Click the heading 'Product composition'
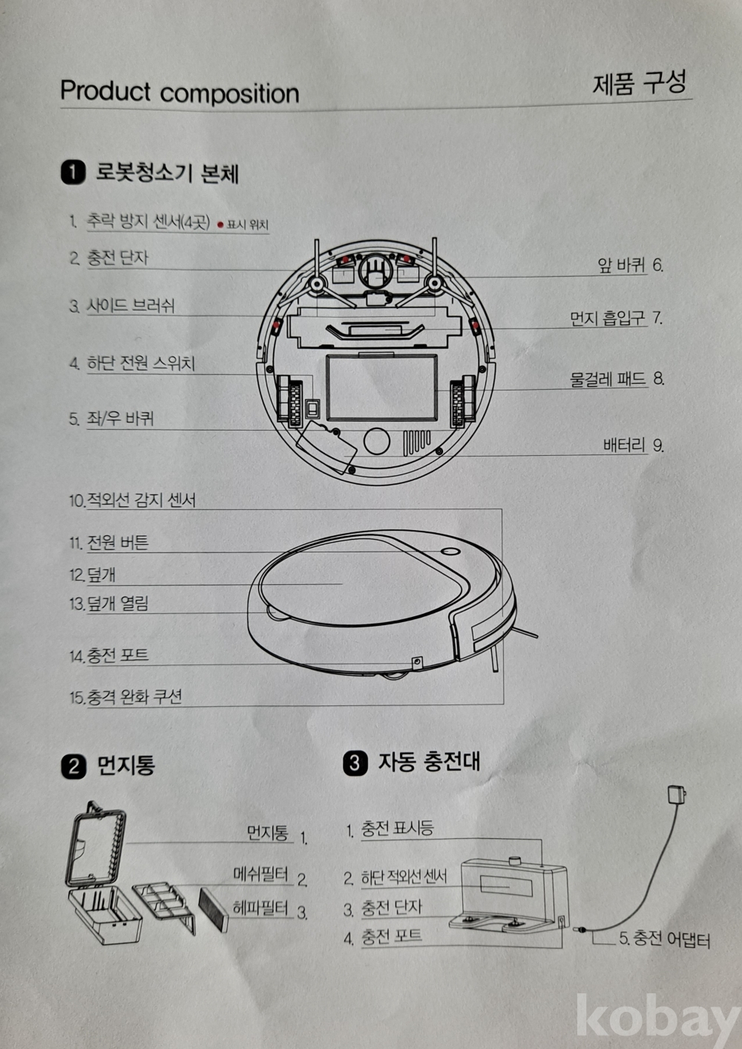(x=180, y=92)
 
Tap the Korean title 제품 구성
(x=640, y=82)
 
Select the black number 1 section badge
(x=73, y=172)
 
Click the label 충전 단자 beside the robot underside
(x=117, y=258)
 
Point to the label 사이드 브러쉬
(x=131, y=306)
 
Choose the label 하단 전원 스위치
(x=141, y=364)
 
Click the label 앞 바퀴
(x=622, y=265)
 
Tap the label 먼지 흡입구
(x=608, y=318)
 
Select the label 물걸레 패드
(x=608, y=379)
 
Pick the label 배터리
(x=625, y=445)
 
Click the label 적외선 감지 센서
(x=141, y=500)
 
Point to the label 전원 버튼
(x=118, y=543)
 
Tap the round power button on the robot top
(x=450, y=552)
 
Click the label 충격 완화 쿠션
(x=134, y=697)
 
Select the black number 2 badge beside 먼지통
(x=73, y=768)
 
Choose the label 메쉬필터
(x=260, y=874)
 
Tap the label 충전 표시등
(x=397, y=829)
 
